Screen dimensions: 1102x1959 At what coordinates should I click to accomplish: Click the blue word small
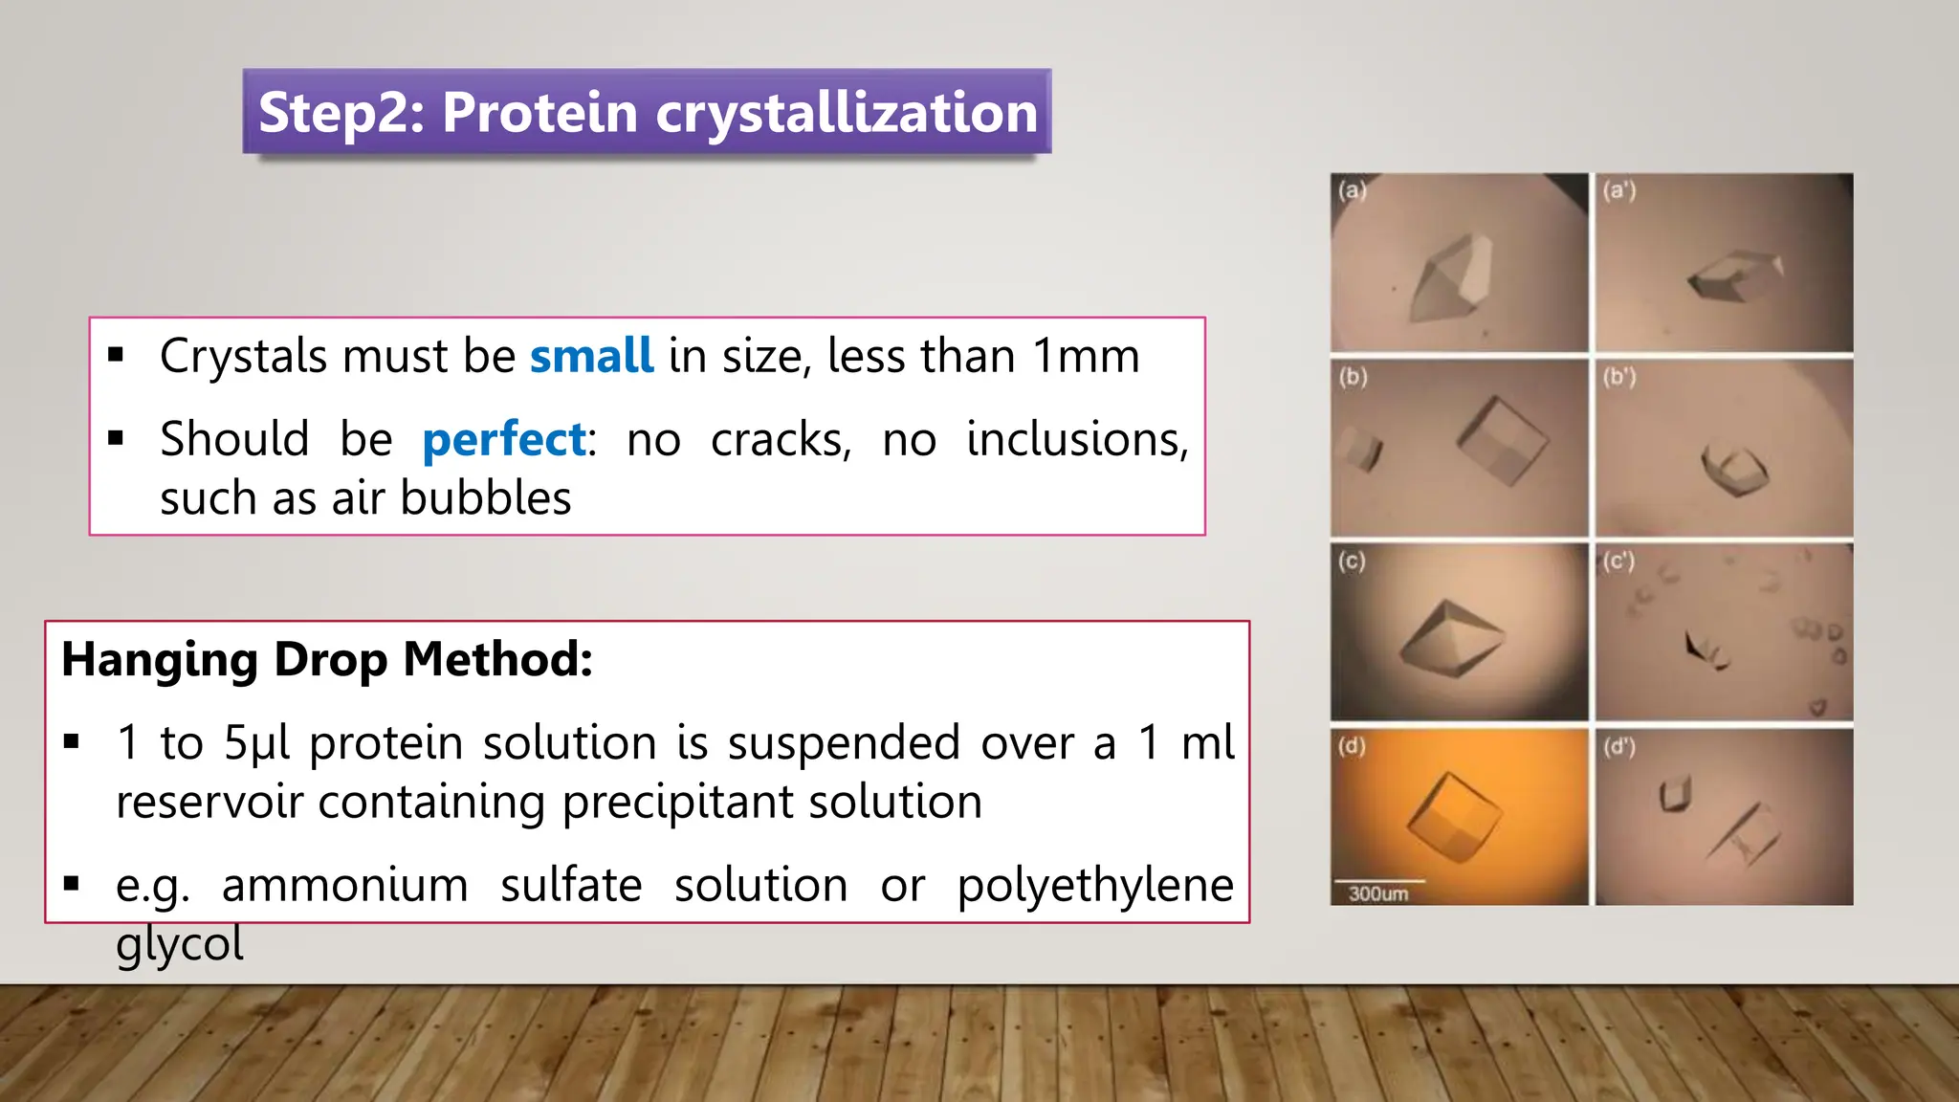591,356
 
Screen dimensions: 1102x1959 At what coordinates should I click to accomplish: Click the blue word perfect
504,440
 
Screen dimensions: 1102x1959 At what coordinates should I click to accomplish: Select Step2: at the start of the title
341,113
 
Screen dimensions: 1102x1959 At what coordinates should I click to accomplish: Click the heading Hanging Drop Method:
327,659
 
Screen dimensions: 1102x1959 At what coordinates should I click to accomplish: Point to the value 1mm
1087,356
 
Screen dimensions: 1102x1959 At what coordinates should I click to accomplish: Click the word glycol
180,944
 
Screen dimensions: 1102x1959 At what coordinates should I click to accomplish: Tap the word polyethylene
1095,885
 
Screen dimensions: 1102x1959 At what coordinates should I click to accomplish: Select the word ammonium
345,885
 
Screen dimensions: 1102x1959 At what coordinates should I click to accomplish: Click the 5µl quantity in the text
256,743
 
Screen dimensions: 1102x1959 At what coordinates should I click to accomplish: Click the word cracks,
781,440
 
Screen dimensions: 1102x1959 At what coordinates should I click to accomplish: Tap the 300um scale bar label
1377,893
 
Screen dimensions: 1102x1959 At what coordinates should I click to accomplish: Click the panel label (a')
1619,190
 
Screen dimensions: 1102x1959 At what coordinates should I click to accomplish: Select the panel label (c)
1352,561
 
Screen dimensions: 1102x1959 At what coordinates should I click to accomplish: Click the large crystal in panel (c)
1452,638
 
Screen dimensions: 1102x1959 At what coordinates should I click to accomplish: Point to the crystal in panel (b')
1733,468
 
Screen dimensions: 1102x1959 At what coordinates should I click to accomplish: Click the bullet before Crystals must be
117,356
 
